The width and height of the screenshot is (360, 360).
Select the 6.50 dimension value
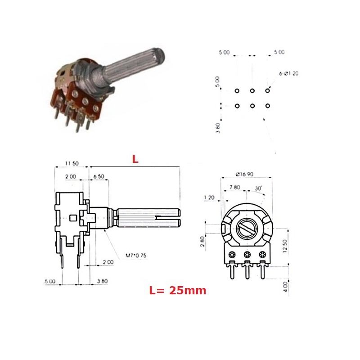pos(99,177)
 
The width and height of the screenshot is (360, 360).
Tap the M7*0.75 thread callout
pos(135,256)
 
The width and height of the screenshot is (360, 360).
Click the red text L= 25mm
pos(177,291)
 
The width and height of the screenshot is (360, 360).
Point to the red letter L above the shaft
pos(135,159)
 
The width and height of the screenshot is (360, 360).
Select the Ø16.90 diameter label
pos(244,174)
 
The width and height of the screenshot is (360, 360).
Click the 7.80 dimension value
pos(234,187)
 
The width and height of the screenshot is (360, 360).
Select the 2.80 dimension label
pos(202,242)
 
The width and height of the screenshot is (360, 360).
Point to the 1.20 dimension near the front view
pos(209,198)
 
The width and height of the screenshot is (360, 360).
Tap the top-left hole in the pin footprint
pos(237,91)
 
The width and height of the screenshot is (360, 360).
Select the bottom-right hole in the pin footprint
pos(268,106)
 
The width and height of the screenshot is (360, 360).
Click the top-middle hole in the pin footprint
pos(252,91)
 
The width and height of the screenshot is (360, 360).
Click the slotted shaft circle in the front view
pos(247,229)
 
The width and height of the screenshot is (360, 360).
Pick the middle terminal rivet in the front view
pos(247,255)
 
